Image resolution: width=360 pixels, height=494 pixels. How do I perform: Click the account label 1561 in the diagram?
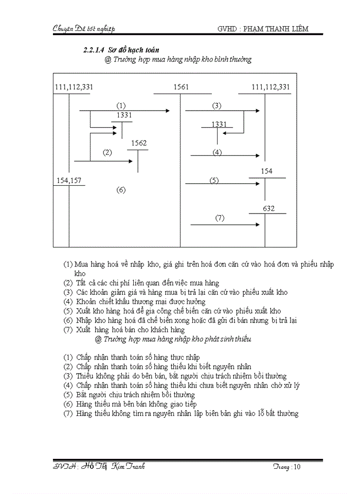click(181, 87)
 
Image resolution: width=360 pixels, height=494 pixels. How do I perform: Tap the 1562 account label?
click(139, 143)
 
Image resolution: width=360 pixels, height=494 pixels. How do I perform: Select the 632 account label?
click(268, 208)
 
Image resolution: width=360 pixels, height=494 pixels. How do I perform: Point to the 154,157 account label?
click(68, 180)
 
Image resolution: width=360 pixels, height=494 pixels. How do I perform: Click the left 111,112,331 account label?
click(74, 87)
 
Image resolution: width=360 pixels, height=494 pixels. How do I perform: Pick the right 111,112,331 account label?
click(271, 87)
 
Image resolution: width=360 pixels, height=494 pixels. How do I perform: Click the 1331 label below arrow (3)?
click(219, 125)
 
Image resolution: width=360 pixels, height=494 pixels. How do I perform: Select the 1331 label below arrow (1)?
click(124, 116)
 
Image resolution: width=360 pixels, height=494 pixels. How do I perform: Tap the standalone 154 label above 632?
click(266, 171)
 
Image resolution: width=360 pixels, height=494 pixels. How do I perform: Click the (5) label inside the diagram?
click(214, 180)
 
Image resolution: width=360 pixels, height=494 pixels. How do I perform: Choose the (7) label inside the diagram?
click(220, 218)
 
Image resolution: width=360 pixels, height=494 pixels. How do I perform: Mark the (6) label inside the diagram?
click(121, 190)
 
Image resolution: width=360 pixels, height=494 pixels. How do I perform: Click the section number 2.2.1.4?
click(94, 50)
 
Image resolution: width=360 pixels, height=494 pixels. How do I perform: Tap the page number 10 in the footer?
click(300, 467)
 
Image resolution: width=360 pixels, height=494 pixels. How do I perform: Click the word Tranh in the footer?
click(134, 466)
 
